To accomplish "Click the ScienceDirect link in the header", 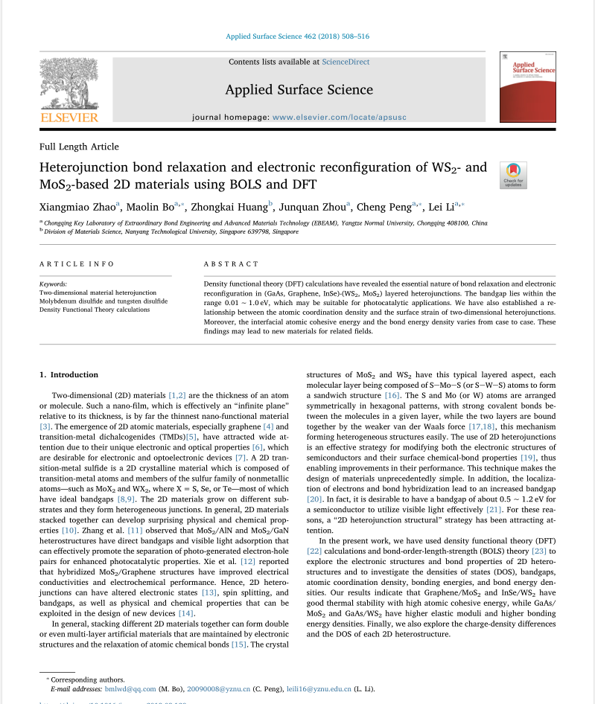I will click(x=346, y=62).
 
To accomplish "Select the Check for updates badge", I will click(x=513, y=174).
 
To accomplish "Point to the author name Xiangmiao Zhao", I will click(x=77, y=207).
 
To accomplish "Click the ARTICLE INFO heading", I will click(x=77, y=264).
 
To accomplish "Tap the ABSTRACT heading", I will click(x=231, y=264).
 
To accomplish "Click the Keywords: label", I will click(x=53, y=284).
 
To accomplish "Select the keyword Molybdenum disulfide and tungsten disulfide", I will click(x=103, y=301).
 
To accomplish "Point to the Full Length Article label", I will click(x=79, y=147).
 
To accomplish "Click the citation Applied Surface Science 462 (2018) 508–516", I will click(x=297, y=36).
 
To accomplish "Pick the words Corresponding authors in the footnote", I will click(x=88, y=679).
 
